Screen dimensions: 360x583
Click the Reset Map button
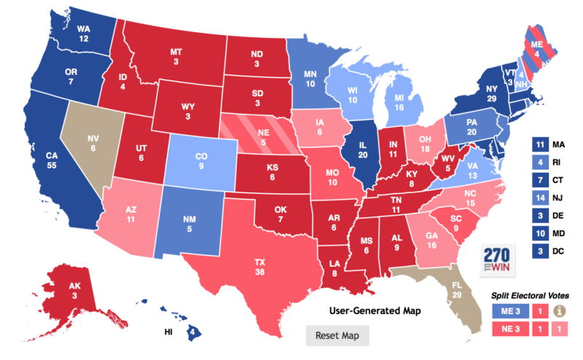coord(337,336)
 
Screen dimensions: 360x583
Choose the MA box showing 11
coord(541,145)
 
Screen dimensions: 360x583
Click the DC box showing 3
coord(541,251)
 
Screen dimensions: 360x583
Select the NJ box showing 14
coord(541,198)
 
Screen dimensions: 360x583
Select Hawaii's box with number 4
coord(191,334)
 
